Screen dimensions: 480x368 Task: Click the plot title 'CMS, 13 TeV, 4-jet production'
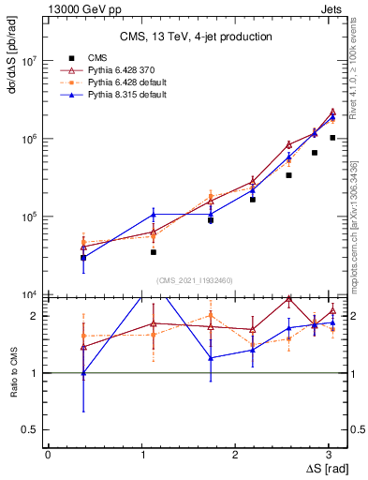click(x=196, y=37)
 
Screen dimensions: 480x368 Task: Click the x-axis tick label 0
click(x=48, y=454)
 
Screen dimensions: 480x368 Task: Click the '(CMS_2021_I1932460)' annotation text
click(x=196, y=279)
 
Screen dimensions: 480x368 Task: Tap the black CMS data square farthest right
click(x=332, y=137)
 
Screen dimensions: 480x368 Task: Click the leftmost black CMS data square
click(x=83, y=257)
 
